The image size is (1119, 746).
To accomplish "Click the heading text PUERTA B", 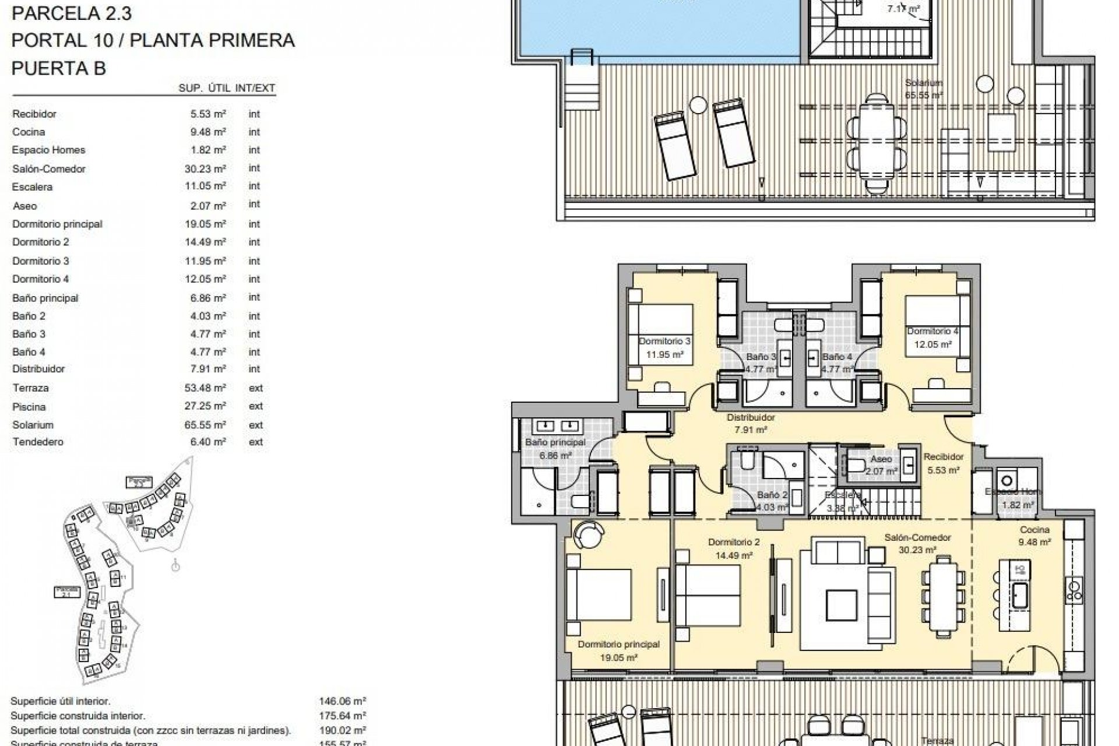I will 58,68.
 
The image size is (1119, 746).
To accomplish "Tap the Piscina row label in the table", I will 29,407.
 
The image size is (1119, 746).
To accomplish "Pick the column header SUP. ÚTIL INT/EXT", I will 227,89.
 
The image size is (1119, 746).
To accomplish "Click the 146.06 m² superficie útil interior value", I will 343,702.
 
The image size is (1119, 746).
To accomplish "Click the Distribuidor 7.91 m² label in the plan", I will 751,424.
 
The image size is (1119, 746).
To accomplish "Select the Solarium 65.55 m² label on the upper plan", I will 924,89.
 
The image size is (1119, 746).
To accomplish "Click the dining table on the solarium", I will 877,143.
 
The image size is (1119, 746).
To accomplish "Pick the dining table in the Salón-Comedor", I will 943,595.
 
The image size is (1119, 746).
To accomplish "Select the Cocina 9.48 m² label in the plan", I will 1034,536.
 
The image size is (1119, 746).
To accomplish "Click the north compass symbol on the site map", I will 175,565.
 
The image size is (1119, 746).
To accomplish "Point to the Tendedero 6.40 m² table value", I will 208,442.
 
